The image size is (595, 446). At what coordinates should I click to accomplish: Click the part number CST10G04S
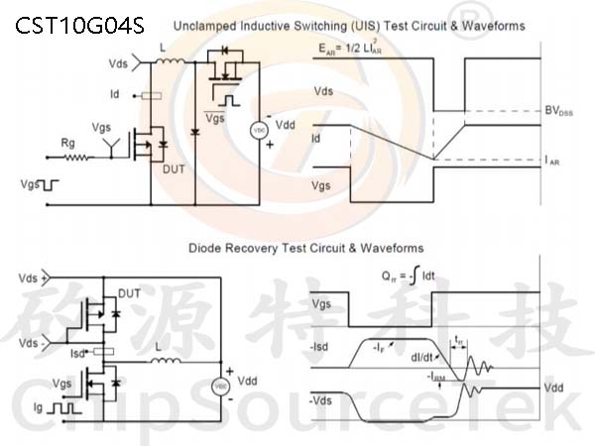[x=79, y=24]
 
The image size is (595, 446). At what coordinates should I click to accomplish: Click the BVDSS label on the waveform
[x=559, y=111]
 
